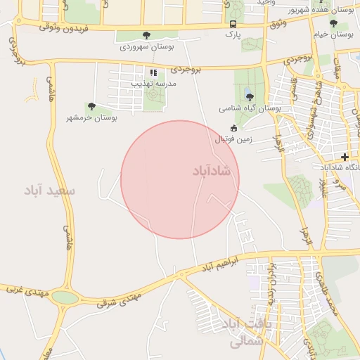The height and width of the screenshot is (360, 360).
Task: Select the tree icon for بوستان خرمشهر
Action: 91,107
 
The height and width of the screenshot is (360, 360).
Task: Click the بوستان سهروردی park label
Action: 146,46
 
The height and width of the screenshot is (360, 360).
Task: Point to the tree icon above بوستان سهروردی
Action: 146,35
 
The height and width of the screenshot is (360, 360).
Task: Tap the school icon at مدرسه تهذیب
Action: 153,72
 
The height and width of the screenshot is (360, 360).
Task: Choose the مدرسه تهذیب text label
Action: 153,84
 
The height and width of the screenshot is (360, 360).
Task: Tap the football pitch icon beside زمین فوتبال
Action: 233,128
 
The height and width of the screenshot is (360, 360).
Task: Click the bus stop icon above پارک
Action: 233,23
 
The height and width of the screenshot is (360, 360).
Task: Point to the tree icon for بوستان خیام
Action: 333,23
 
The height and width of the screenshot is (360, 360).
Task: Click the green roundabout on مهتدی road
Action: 65,297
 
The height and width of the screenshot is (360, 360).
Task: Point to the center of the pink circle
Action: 180,179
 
